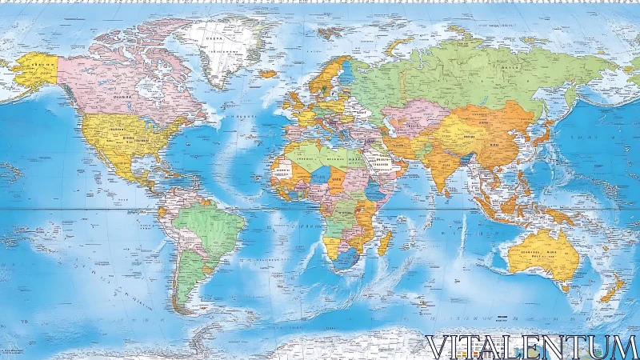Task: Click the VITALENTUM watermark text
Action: pos(531,346)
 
